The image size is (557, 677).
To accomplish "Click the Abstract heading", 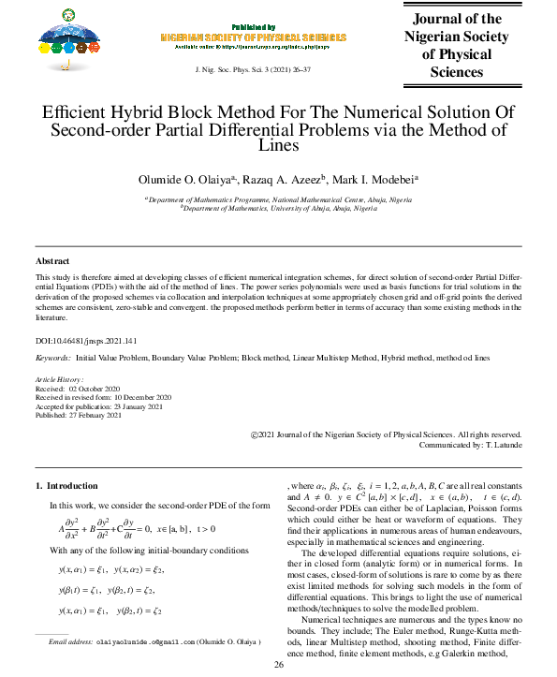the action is (x=54, y=260).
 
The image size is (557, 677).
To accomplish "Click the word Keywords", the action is (x=52, y=359).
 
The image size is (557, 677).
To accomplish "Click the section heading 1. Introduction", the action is (x=66, y=486).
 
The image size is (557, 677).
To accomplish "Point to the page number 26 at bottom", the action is (x=278, y=665).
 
